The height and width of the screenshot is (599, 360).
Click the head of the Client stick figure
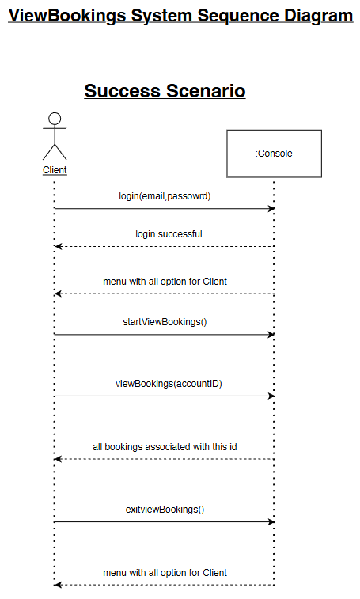coord(55,119)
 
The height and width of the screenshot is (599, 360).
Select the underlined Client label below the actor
coord(55,170)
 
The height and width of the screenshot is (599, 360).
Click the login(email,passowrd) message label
coord(165,196)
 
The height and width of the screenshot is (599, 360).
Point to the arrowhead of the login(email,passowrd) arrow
coord(271,209)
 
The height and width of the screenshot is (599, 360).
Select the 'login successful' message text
coord(169,234)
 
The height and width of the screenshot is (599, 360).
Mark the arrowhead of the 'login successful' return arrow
coord(58,246)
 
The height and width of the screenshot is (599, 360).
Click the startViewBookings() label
coord(165,322)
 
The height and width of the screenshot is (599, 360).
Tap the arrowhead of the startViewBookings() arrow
coord(271,335)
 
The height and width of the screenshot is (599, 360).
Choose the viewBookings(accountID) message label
coord(169,384)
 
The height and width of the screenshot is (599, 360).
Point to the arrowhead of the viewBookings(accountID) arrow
coord(271,396)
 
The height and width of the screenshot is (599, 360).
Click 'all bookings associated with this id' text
coord(165,447)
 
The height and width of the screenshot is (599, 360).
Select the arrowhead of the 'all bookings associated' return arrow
coord(58,459)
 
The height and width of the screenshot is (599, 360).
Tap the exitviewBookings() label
coord(165,510)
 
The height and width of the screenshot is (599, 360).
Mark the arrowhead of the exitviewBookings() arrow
coord(271,521)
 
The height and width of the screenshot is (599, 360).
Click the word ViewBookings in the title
coord(67,16)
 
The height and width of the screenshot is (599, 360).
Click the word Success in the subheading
coord(123,91)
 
